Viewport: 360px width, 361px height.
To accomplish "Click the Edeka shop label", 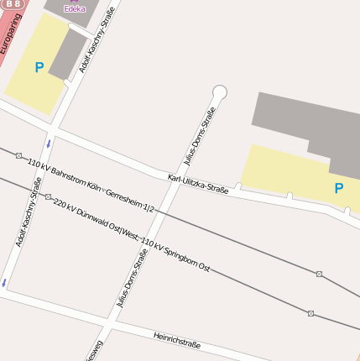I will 75,8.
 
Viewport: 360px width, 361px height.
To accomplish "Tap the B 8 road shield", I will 14,4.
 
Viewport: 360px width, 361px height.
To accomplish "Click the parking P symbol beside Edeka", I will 39,67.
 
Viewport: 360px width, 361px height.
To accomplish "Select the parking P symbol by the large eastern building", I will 339,188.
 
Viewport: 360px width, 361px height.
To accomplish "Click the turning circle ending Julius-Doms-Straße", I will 220,92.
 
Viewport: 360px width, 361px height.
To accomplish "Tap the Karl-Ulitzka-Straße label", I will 198,184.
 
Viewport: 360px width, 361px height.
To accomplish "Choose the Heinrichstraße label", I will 177,339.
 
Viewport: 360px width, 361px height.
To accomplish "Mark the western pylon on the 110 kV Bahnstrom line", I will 18,155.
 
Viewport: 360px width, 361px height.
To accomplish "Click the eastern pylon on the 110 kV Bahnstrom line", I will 319,274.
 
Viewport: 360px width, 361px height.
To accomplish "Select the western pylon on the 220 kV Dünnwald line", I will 48,197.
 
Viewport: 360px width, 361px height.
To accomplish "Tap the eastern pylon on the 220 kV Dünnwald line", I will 310,313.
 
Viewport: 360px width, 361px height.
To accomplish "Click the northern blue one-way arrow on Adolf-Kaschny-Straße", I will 49,144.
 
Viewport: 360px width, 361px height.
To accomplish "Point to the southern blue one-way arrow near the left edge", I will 5,282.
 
